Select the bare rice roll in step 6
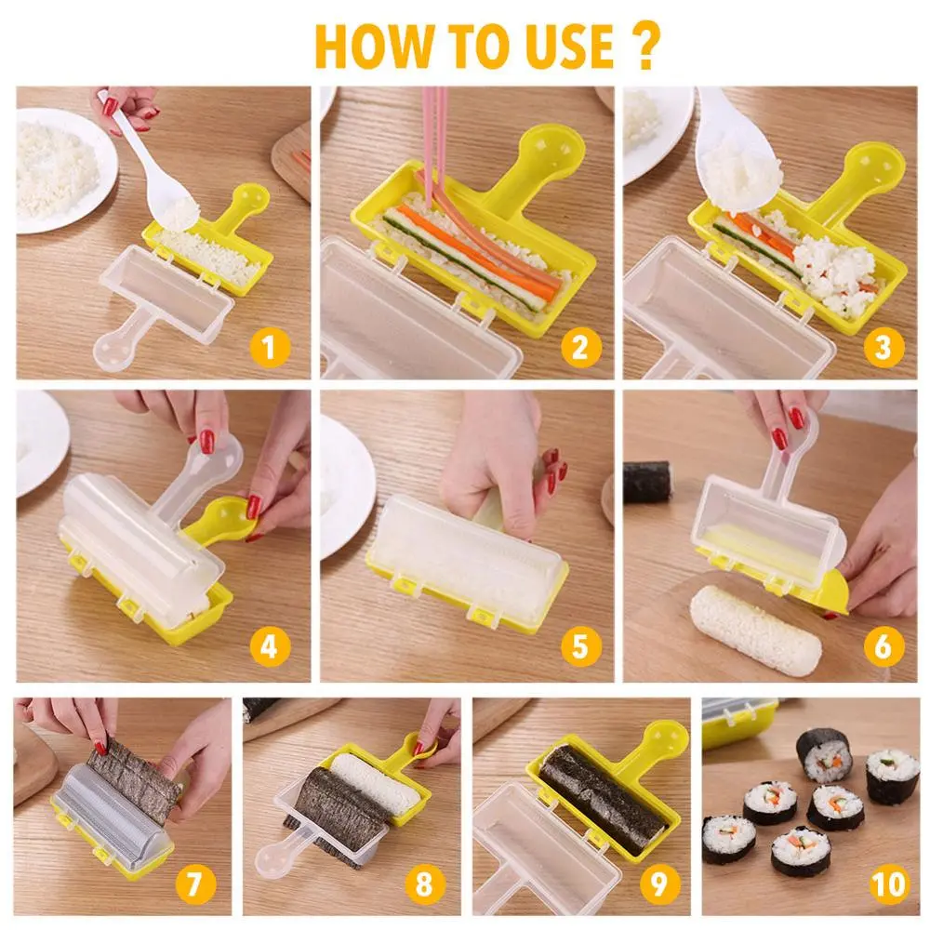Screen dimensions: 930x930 pos(755,630)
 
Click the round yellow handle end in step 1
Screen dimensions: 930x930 pos(252,199)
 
